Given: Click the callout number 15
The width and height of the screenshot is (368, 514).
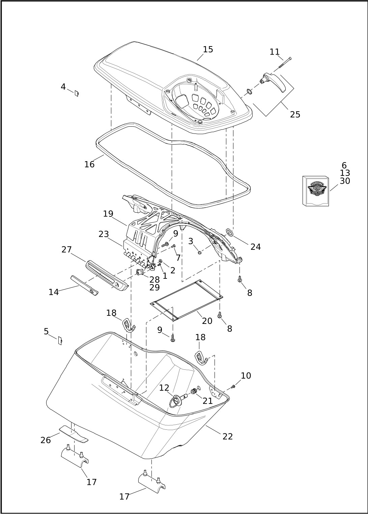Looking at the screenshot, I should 208,50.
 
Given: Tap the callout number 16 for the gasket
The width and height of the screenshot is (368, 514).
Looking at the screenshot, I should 89,164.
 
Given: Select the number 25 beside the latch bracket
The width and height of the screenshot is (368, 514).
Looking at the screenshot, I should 295,115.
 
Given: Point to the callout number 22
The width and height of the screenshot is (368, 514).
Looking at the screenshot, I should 228,436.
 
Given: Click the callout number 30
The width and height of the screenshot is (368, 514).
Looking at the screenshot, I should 345,181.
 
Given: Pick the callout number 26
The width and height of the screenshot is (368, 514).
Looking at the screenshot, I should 46,440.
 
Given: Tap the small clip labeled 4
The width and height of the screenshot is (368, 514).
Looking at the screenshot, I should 77,93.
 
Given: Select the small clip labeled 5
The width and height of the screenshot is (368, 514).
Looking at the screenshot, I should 60,341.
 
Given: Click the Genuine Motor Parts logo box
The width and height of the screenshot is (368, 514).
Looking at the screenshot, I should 315,191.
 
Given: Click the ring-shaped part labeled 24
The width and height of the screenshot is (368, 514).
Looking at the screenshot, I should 230,232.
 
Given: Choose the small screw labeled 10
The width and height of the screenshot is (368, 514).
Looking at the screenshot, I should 233,386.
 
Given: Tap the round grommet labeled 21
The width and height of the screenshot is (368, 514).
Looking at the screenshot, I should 194,391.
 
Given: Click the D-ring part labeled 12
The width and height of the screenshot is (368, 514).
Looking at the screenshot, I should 176,401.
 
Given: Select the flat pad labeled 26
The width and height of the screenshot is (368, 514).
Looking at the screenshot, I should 74,434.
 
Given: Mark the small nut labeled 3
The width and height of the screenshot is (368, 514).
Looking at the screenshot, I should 199,252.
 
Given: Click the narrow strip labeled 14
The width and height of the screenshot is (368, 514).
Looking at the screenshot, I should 84,285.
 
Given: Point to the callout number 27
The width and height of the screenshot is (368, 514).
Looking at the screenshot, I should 66,250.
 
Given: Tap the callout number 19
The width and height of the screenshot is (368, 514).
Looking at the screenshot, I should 108,214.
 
